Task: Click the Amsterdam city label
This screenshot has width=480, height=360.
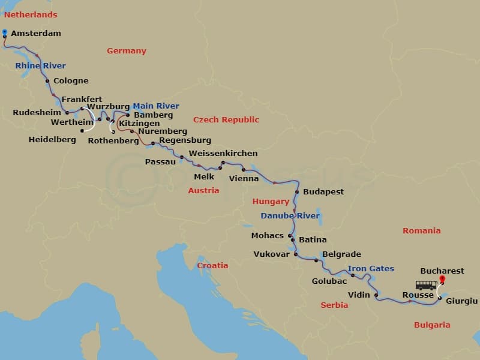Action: (x=36, y=34)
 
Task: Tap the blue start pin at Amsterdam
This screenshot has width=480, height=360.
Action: (x=5, y=32)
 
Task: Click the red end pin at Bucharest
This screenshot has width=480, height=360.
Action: (x=443, y=279)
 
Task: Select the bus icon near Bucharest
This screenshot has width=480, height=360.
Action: (x=426, y=285)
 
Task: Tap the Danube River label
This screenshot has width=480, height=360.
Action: (x=290, y=216)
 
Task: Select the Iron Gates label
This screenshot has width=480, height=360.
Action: (x=370, y=269)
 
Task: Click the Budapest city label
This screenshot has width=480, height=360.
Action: (x=323, y=192)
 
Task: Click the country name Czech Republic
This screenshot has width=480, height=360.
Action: (x=226, y=120)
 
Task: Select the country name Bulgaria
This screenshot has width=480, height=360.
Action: (x=432, y=325)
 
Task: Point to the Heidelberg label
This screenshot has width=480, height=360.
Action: (x=52, y=140)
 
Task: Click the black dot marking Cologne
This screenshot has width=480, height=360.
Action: (x=47, y=81)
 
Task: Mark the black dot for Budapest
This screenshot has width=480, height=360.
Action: (x=296, y=192)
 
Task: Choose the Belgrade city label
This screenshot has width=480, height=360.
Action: (x=341, y=254)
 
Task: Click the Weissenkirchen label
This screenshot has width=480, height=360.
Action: (x=223, y=154)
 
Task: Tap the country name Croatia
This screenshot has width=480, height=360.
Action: (x=212, y=265)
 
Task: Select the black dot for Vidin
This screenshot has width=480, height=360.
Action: (x=376, y=295)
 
